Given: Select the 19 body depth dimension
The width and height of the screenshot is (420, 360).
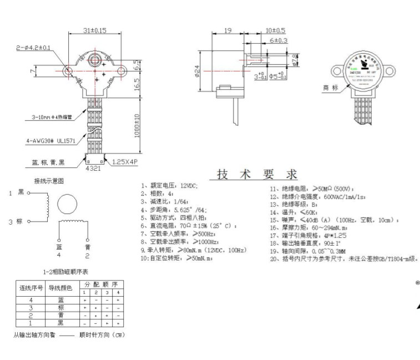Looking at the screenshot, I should point(227,31).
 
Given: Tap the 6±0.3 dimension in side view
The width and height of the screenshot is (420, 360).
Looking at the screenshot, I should point(279,40).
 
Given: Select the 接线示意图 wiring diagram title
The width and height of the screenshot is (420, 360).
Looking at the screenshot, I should point(49,181).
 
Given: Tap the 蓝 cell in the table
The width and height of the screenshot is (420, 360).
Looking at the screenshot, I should point(61,299).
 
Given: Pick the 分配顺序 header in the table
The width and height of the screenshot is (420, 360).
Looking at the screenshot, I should point(102,283).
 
